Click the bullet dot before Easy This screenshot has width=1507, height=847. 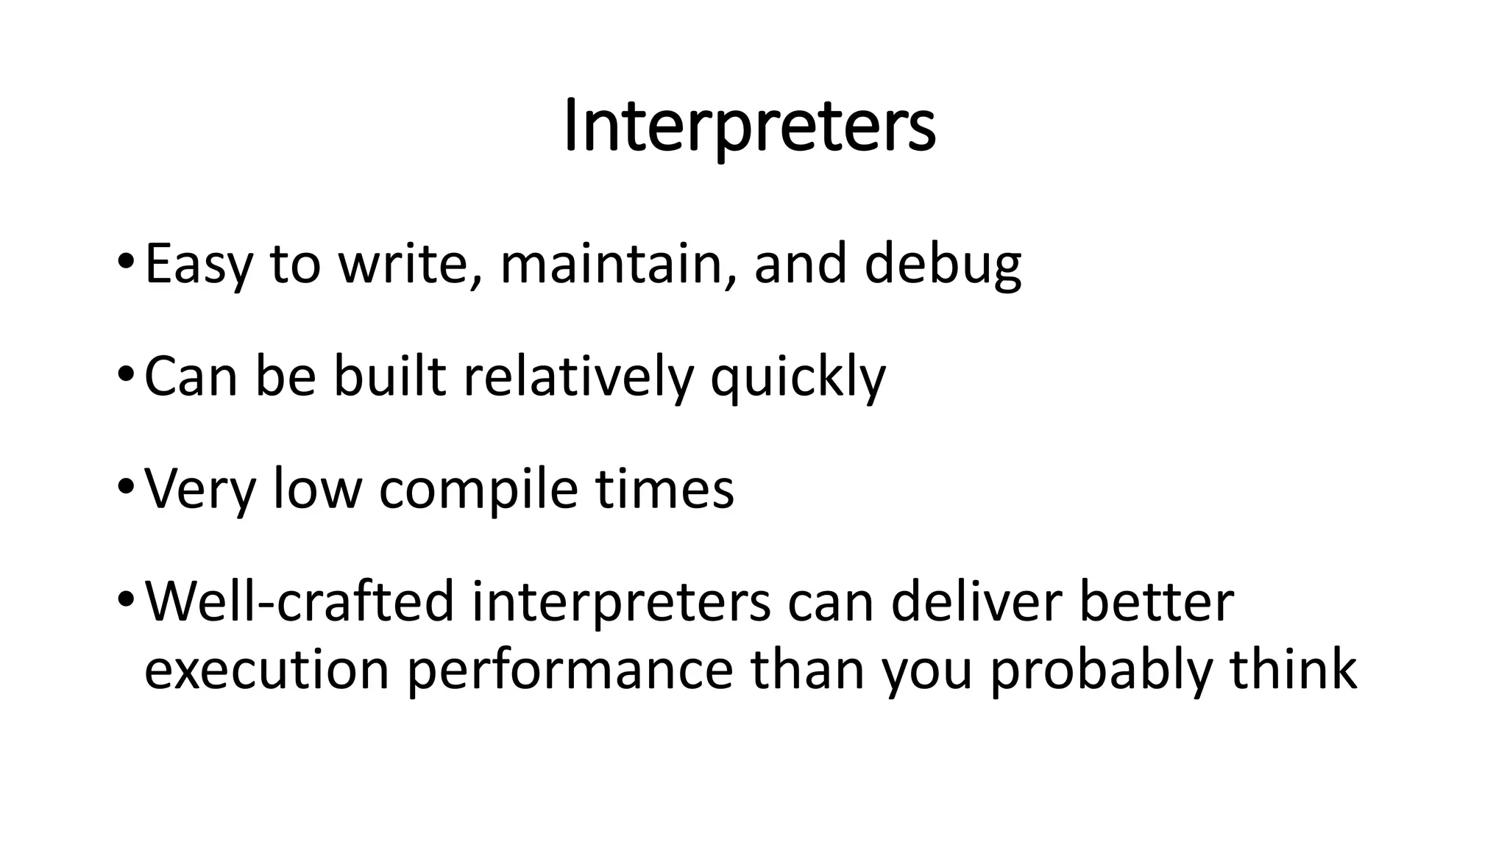pyautogui.click(x=125, y=262)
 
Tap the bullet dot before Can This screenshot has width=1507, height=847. pyautogui.click(x=125, y=375)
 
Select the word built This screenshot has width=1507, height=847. pyautogui.click(x=390, y=376)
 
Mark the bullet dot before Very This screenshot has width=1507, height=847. pyautogui.click(x=125, y=487)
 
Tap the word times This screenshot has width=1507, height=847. pyautogui.click(x=665, y=489)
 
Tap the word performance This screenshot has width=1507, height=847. pyautogui.click(x=570, y=671)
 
